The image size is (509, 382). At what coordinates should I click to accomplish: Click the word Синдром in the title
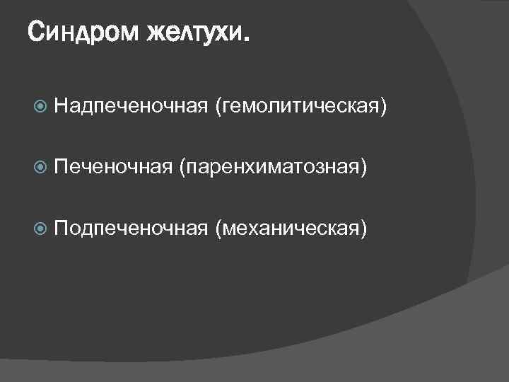click(x=83, y=32)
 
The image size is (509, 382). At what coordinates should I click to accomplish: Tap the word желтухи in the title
click(x=193, y=32)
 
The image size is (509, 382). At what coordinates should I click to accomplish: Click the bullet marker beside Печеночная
click(x=40, y=167)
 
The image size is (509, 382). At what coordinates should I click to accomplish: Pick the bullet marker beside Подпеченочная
click(x=40, y=228)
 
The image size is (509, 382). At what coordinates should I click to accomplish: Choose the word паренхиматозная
click(x=274, y=168)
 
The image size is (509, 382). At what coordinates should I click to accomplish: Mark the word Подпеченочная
click(x=130, y=228)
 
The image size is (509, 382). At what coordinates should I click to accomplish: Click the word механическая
click(x=293, y=228)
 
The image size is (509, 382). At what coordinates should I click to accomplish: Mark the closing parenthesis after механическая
click(x=363, y=228)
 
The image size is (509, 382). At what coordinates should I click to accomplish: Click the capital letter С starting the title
click(x=36, y=32)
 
